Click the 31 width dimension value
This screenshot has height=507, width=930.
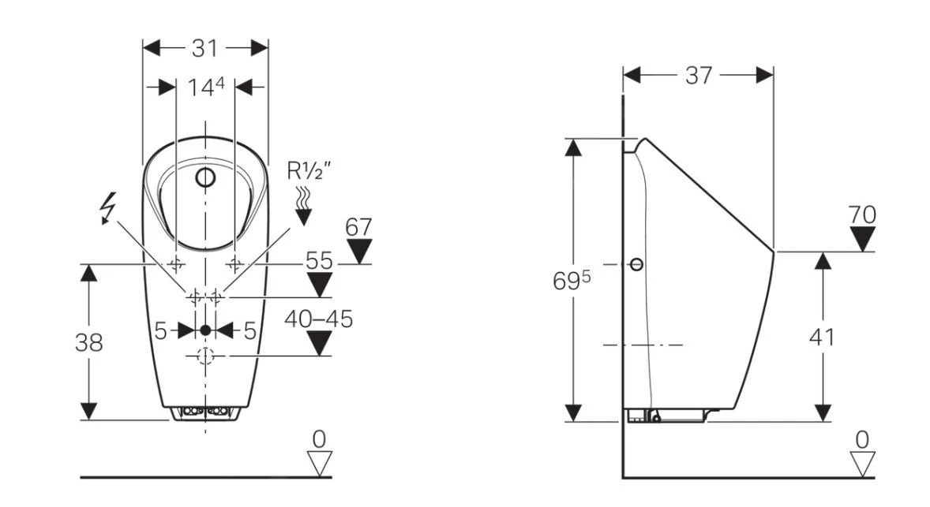[204, 48]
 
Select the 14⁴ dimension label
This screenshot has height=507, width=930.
[205, 87]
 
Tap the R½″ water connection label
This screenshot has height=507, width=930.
[309, 170]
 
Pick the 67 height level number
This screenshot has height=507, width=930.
[358, 227]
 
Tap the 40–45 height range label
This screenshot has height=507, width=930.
[319, 319]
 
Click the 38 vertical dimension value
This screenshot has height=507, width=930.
[88, 342]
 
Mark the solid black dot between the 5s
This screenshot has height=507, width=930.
[205, 330]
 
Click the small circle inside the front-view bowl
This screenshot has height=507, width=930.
[205, 177]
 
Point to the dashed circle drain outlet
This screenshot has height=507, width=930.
[205, 356]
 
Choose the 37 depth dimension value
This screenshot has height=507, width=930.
[698, 75]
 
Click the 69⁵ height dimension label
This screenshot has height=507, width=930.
[572, 281]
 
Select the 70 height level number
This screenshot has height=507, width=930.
[862, 214]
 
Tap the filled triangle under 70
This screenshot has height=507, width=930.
[862, 238]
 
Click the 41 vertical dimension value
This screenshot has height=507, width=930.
[822, 337]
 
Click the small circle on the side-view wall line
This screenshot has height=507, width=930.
[636, 264]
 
